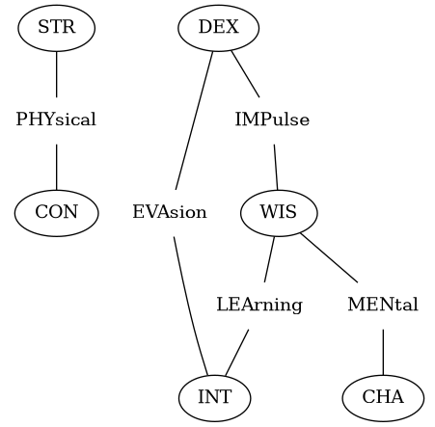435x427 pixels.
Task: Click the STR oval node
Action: [57, 28]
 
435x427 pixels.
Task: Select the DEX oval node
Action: [219, 28]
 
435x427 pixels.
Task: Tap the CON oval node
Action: [57, 213]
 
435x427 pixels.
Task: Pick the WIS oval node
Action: [279, 213]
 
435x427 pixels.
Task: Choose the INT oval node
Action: [215, 398]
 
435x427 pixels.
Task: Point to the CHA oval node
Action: [383, 398]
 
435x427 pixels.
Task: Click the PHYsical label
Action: [56, 120]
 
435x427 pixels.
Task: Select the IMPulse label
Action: [272, 120]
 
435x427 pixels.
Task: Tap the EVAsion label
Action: [170, 212]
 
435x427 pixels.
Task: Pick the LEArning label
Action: [259, 305]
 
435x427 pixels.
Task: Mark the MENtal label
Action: [383, 305]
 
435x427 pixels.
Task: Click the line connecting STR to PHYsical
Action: [57, 74]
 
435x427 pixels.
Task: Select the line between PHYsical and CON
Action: [57, 167]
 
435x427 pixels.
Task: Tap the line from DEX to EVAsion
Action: [194, 120]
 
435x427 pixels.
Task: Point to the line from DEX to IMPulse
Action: [245, 74]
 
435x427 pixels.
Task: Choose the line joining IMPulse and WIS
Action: [276, 167]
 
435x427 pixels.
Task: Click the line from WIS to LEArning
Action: [269, 259]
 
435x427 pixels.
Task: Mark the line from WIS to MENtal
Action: [329, 257]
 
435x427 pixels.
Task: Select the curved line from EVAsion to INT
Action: [189, 307]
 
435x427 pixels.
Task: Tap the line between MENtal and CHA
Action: [383, 352]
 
